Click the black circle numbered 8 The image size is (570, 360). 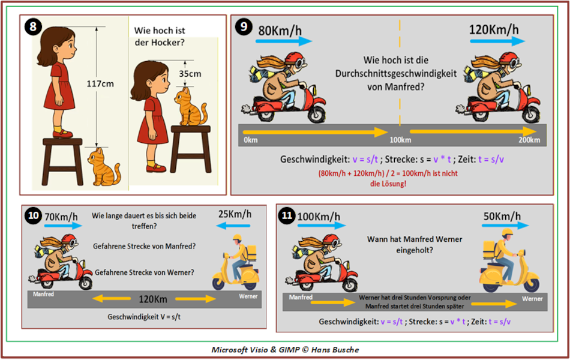(x=33, y=27)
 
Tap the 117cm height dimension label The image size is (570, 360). (x=100, y=84)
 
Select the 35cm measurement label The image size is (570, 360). (x=190, y=74)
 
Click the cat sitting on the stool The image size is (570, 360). (x=190, y=107)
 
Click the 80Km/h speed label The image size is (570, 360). (x=280, y=31)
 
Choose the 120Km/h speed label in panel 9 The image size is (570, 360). (x=494, y=29)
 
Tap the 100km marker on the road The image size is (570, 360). (x=400, y=140)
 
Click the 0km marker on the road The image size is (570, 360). (x=250, y=140)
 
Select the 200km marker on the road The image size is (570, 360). (x=529, y=140)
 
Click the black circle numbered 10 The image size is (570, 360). (x=33, y=215)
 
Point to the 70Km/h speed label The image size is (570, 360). (x=61, y=217)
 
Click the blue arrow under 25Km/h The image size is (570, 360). (x=233, y=226)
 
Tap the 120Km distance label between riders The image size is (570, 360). (x=153, y=299)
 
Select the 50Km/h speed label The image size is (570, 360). (x=502, y=217)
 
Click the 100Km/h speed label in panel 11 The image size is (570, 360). (x=319, y=217)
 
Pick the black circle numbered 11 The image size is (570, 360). (x=287, y=216)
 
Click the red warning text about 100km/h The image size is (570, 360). (x=388, y=179)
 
